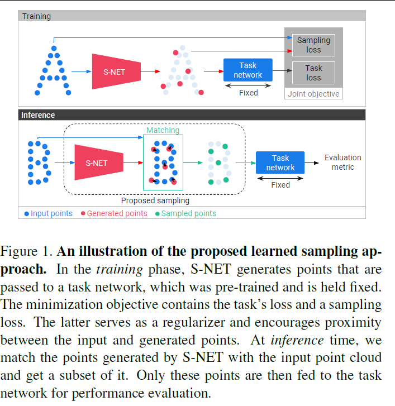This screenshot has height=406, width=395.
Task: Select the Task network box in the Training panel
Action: point(248,70)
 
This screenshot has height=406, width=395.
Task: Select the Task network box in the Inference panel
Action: point(280,163)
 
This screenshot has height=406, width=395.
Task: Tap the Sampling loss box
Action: point(313,45)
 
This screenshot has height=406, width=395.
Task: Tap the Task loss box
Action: point(313,73)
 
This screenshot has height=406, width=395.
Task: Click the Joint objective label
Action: point(313,94)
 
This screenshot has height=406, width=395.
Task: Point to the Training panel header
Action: point(36,16)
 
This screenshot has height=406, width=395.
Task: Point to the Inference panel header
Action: point(38,115)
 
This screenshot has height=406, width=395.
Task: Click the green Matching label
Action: point(163,130)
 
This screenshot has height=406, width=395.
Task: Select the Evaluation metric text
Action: point(342,163)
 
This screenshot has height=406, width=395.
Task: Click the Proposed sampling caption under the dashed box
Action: point(155,200)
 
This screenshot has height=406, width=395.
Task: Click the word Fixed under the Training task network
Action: point(248,93)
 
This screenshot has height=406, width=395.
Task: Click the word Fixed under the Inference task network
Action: point(280,185)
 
